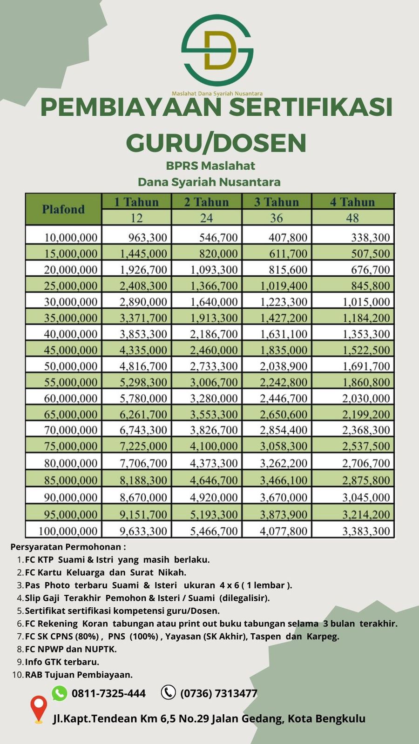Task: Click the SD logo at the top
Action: pyautogui.click(x=217, y=51)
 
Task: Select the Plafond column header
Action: pyautogui.click(x=63, y=209)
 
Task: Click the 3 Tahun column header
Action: pyautogui.click(x=277, y=202)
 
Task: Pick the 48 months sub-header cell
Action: pyautogui.click(x=352, y=218)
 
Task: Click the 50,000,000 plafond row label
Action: pyautogui.click(x=71, y=366)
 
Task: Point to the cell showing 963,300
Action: pyautogui.click(x=148, y=238)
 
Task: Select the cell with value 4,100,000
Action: pyautogui.click(x=214, y=446)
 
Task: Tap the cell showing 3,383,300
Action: pyautogui.click(x=366, y=531)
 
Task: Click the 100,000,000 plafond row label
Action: pyautogui.click(x=68, y=531)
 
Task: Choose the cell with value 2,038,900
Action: pyautogui.click(x=284, y=366)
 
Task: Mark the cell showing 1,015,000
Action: pyautogui.click(x=366, y=302)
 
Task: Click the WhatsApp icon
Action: pyautogui.click(x=60, y=693)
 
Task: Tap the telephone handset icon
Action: pyautogui.click(x=168, y=692)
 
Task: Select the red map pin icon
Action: pyautogui.click(x=39, y=709)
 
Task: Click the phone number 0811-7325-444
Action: pyautogui.click(x=108, y=693)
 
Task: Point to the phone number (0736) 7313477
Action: pyautogui.click(x=219, y=693)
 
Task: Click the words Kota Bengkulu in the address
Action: pyautogui.click(x=326, y=718)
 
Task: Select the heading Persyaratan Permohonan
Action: pyautogui.click(x=68, y=547)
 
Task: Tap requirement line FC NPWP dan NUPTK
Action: pyautogui.click(x=71, y=649)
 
